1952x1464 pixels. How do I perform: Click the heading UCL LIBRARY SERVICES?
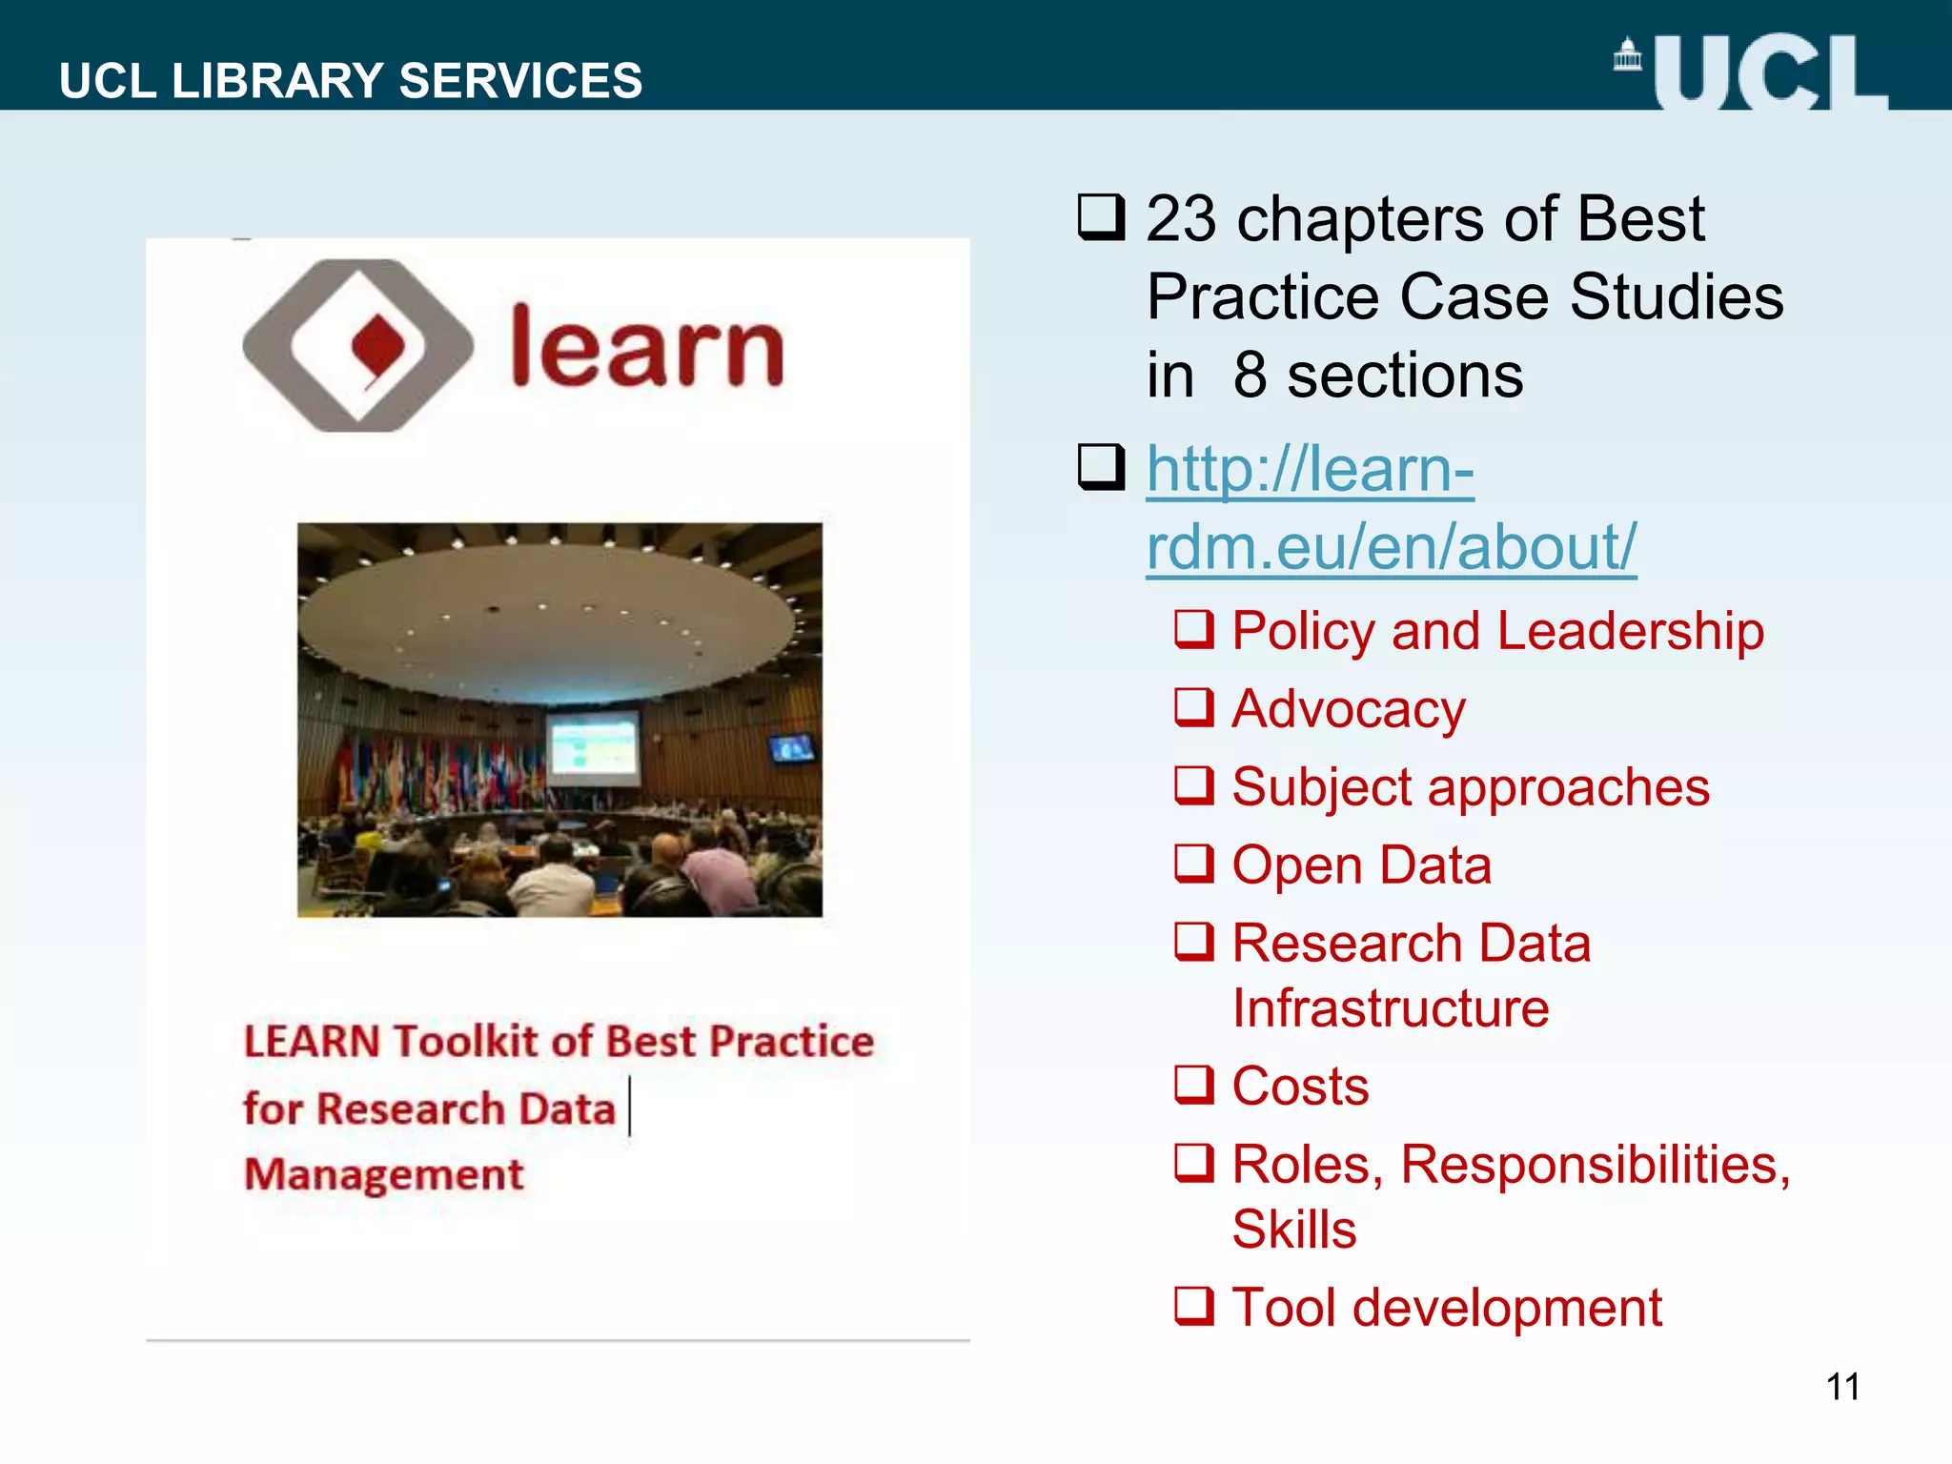click(351, 80)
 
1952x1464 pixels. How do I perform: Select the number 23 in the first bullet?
click(1182, 219)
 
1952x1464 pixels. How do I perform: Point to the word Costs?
click(1300, 1087)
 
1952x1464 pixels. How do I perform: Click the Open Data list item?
click(1361, 865)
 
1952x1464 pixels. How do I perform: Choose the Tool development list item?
click(1447, 1308)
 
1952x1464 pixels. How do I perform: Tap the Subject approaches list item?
click(1471, 787)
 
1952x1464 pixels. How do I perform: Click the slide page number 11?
click(1842, 1387)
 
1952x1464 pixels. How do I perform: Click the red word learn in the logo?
click(647, 349)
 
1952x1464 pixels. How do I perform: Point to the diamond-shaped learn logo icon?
click(358, 346)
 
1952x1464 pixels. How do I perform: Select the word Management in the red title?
click(384, 1174)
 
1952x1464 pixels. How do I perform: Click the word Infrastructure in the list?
click(1391, 1008)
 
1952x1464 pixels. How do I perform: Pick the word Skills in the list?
click(1294, 1230)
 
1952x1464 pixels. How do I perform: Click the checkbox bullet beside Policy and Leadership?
click(1193, 630)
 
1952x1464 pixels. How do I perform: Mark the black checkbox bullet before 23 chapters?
click(1101, 217)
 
